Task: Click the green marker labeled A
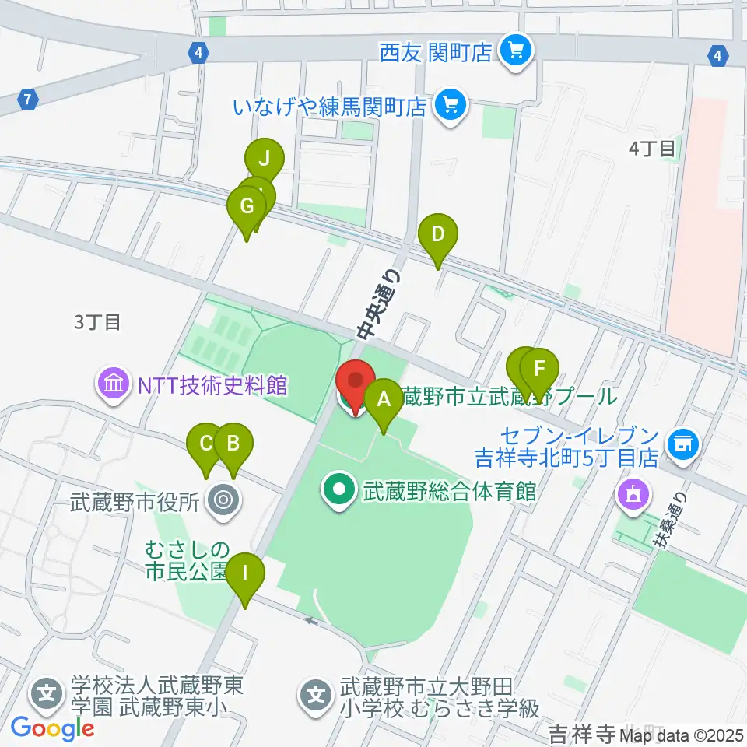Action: (383, 400)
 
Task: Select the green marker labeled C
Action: (206, 444)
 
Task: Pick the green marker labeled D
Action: (437, 234)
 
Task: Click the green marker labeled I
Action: (245, 575)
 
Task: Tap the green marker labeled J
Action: (265, 160)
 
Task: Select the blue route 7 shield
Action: (28, 100)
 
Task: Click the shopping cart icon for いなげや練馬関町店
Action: (449, 105)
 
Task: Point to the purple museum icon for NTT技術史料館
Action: (114, 384)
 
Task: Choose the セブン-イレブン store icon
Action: (684, 444)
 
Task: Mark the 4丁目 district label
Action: (652, 148)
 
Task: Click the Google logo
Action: (52, 728)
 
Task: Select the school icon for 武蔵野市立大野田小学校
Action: (316, 690)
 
